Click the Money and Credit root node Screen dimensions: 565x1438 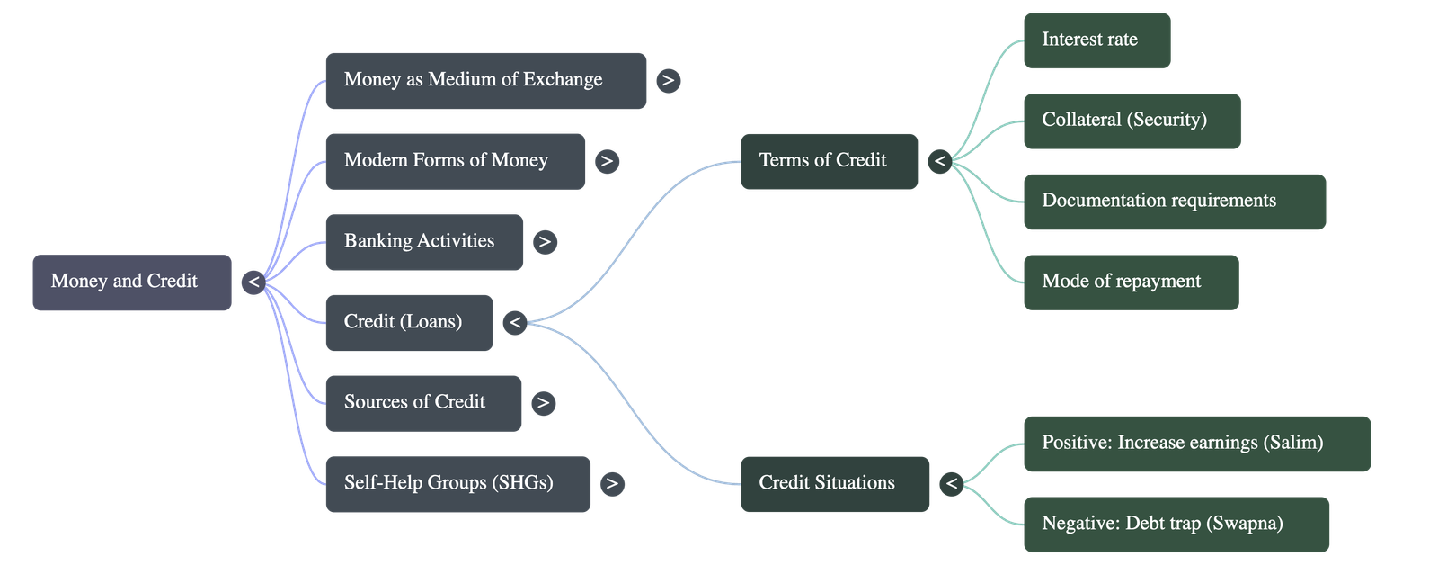131,282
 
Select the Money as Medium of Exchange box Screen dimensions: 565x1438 485,81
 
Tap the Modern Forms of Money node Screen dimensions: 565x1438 455,161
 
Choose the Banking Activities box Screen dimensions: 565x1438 423,242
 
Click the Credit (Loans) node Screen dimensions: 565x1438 409,322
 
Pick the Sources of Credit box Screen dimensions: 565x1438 423,403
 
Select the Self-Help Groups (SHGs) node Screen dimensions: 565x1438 457,484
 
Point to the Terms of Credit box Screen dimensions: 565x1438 829,161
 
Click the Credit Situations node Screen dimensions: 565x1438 834,484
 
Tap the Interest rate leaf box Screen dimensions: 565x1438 1096,40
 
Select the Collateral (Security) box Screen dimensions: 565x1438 1132,121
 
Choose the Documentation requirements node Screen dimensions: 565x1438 1174,202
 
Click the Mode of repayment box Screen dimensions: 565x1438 1131,282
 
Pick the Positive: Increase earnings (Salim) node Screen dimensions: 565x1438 1197,444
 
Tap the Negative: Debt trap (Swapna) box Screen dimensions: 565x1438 1176,524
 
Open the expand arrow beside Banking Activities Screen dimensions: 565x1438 545,242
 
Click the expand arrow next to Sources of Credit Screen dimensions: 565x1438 543,403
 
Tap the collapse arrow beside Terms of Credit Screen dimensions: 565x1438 940,161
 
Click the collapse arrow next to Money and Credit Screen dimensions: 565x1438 253,282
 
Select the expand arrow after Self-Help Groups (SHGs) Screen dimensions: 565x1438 612,484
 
